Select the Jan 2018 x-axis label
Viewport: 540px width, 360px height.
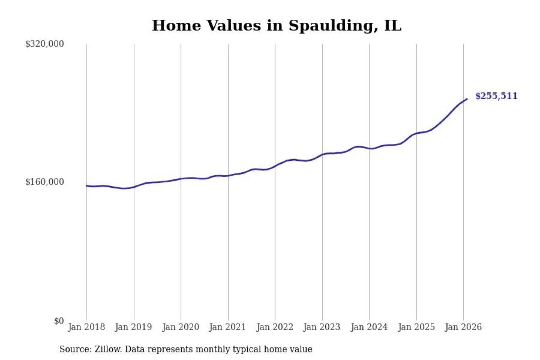(86, 327)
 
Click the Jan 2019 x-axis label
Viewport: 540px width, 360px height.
(134, 327)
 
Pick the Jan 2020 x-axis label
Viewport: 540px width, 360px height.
(181, 327)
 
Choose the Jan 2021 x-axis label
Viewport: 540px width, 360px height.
(228, 327)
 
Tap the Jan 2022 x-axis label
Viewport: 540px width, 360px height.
(275, 327)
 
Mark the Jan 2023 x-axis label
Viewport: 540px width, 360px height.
(322, 327)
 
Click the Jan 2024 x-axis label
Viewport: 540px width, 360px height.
(369, 327)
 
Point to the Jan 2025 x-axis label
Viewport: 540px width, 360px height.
(416, 327)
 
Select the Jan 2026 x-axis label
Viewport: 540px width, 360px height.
(463, 327)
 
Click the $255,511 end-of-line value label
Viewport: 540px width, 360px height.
(496, 96)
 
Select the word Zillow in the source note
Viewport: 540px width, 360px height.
(105, 349)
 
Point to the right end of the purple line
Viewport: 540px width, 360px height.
(467, 99)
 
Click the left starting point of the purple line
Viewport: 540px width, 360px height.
(86, 186)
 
